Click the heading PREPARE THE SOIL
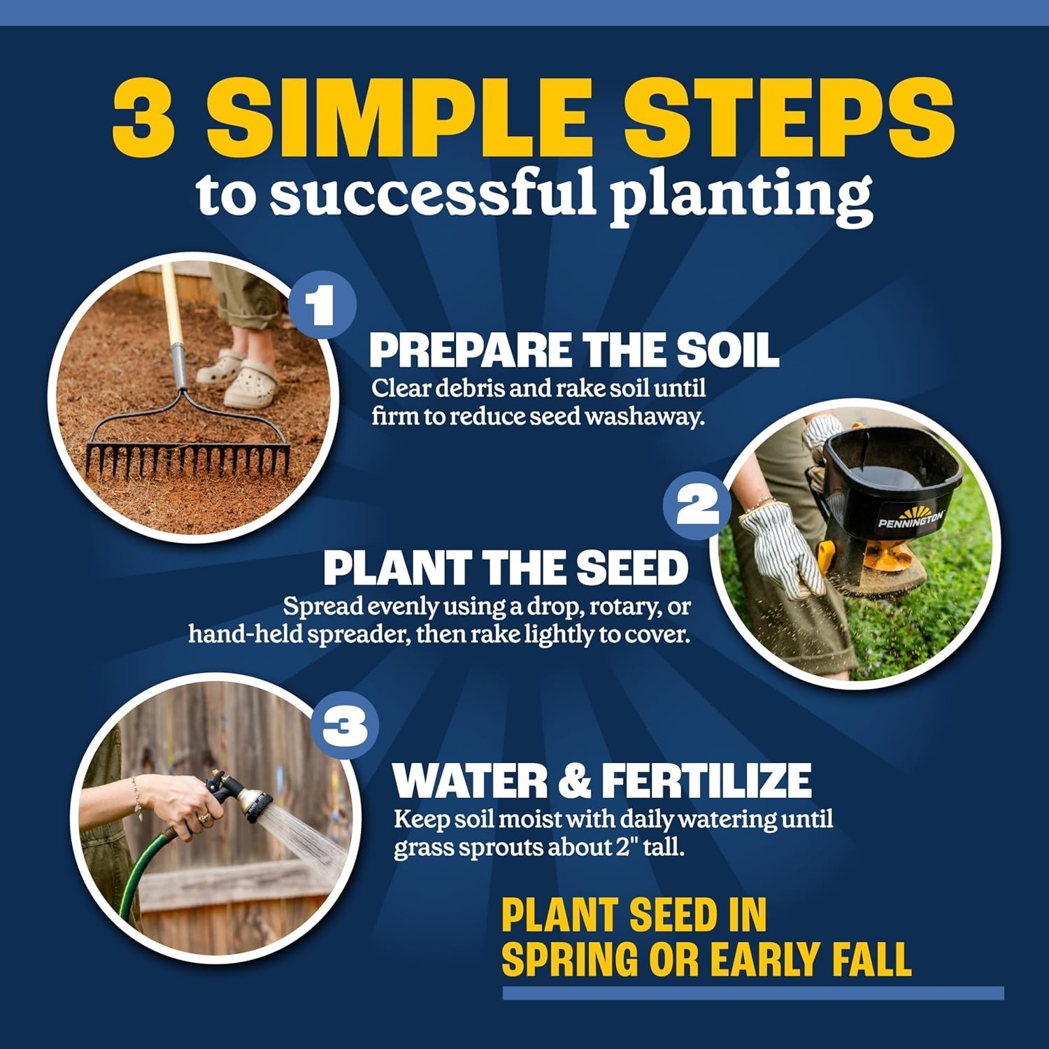[x=574, y=350]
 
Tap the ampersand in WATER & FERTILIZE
[x=575, y=780]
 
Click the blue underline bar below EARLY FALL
[x=753, y=993]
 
